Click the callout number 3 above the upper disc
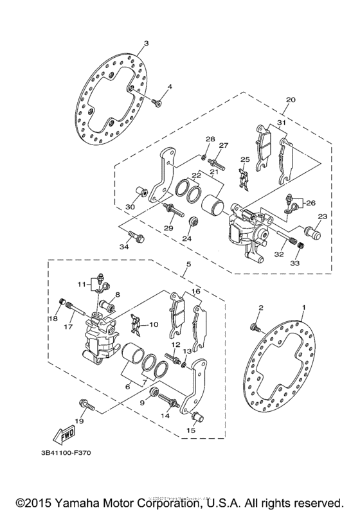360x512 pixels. coord(146,43)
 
